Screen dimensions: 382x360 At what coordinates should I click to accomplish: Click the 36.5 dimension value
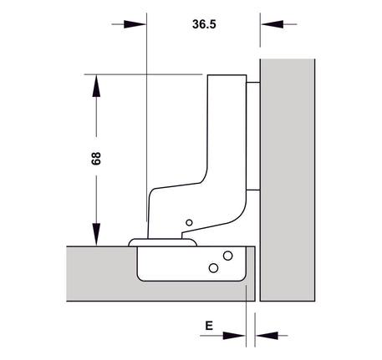pos(204,24)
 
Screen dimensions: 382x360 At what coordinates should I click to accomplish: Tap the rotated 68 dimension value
pos(96,159)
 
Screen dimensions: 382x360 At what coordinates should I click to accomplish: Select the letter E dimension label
pos(209,325)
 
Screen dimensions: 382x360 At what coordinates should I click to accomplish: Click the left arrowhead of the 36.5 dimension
pos(135,24)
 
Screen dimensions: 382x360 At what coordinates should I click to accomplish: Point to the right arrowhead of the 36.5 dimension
pos(272,24)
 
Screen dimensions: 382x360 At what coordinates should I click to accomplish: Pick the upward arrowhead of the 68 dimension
pos(96,86)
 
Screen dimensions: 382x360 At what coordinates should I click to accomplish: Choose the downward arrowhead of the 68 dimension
pos(96,234)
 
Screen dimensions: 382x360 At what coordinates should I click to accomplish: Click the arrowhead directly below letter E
pos(234,336)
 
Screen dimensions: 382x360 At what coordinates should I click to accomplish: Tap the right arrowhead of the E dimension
pos(267,336)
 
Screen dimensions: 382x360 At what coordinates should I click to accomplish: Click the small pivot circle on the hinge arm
pos(189,222)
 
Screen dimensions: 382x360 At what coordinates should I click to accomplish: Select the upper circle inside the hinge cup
pos(228,256)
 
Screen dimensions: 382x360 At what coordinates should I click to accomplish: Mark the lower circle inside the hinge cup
pos(213,268)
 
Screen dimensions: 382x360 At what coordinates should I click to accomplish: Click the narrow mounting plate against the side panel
pos(253,136)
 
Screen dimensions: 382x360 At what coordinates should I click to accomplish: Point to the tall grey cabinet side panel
pos(288,180)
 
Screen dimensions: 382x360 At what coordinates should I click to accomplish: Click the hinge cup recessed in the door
pos(192,264)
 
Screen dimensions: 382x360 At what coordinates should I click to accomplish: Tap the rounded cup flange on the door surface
pos(163,242)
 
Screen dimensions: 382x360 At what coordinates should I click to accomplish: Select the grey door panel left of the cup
pos(101,273)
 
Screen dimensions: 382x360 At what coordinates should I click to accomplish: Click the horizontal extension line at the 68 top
pos(143,74)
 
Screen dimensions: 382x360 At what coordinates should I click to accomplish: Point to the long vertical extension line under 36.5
pos(146,117)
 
